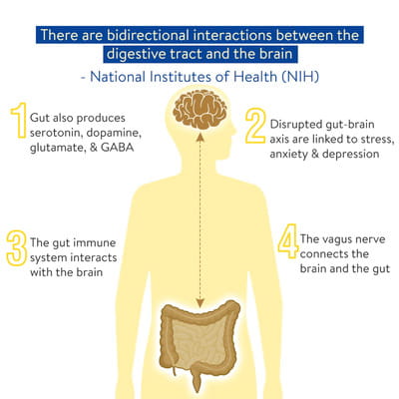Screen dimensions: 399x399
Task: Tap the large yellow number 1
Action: click(19, 121)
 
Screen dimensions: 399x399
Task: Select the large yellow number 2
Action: click(255, 126)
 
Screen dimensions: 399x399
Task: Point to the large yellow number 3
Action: click(16, 248)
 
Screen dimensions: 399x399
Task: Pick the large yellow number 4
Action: click(288, 241)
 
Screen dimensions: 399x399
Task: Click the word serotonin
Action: click(56, 133)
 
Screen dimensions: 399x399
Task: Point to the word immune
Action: click(95, 242)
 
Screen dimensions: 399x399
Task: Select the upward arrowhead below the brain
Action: click(199, 137)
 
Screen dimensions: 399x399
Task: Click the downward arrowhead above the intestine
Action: click(199, 302)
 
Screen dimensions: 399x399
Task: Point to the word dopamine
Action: click(114, 133)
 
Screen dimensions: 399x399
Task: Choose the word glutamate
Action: click(58, 148)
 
